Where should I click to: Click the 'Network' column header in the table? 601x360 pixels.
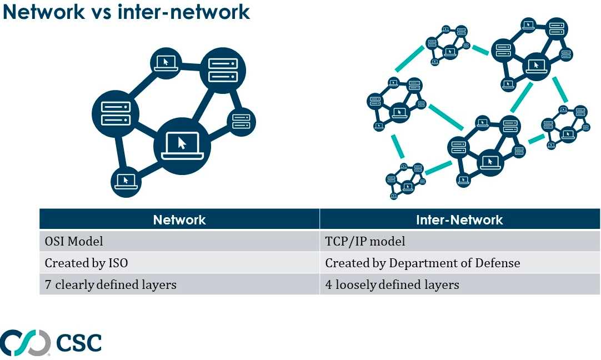pos(179,219)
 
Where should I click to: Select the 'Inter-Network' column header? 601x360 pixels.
pos(459,219)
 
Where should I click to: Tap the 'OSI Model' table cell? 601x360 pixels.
pos(179,241)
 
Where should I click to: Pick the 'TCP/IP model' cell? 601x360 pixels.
pos(459,241)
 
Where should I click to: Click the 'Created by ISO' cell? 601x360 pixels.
pos(179,263)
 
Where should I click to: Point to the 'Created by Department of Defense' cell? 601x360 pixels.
pos(459,263)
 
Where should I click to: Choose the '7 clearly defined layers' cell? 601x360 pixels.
pos(179,284)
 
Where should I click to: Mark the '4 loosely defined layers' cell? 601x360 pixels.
pos(459,284)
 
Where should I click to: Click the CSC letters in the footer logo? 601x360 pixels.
pos(79,342)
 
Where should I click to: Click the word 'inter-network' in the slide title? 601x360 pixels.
pos(184,12)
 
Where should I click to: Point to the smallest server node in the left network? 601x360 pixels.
pos(241,122)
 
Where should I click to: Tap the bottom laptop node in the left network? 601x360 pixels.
pos(126,182)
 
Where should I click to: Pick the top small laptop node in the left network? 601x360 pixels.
pos(166,64)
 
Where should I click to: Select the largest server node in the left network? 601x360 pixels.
pos(223,71)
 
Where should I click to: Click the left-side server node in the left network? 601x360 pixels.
pos(116,113)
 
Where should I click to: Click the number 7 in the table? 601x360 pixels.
pos(48,284)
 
